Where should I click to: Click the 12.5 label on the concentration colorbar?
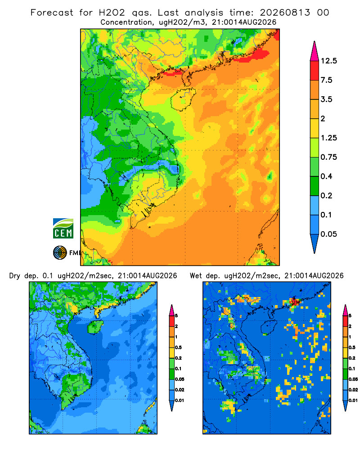(328, 61)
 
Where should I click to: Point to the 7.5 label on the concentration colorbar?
(326, 80)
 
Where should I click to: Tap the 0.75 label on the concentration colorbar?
(328, 157)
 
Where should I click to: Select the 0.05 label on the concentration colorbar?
(328, 234)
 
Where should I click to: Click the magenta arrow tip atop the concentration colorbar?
(315, 51)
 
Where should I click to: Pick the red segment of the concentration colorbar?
(315, 71)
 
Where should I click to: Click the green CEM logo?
(63, 229)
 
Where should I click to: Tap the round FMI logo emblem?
(60, 252)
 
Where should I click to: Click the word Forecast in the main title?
(52, 13)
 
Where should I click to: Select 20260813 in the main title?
(285, 13)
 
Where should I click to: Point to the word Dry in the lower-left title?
(15, 276)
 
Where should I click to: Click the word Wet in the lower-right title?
(196, 276)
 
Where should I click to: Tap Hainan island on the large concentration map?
(183, 99)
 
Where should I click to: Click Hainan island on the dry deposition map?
(95, 327)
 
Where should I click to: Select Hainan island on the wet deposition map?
(269, 327)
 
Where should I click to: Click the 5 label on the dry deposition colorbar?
(176, 316)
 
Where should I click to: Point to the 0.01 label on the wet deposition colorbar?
(353, 400)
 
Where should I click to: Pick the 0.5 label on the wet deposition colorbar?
(351, 347)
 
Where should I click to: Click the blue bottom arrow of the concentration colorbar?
(315, 243)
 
